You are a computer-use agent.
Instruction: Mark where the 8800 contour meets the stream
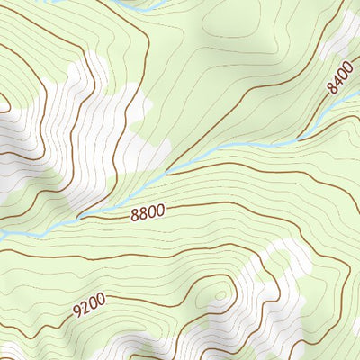click(x=79, y=218)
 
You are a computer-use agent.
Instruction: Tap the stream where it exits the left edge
click(x=3, y=236)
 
